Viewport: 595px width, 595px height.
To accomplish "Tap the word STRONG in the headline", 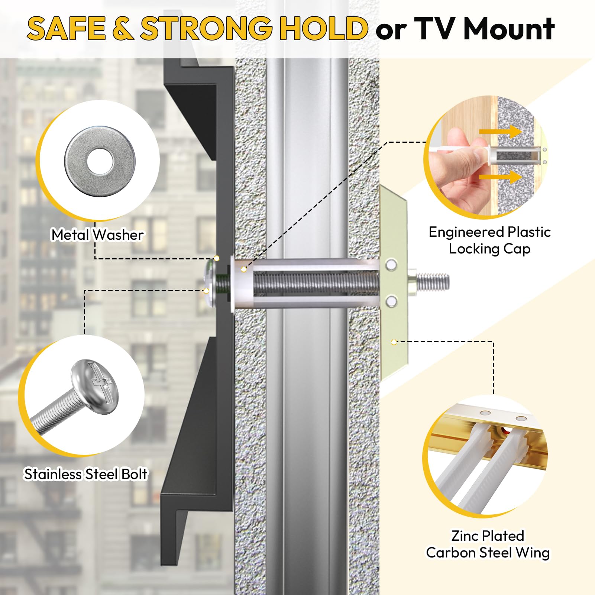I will pyautogui.click(x=206, y=29).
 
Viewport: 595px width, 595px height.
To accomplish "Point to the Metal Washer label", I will pyautogui.click(x=97, y=235).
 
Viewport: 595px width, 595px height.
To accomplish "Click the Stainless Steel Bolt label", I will pyautogui.click(x=86, y=474).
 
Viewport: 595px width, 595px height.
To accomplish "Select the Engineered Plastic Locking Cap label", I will pyautogui.click(x=489, y=240).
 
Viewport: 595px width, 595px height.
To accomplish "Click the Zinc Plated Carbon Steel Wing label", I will pyautogui.click(x=488, y=544).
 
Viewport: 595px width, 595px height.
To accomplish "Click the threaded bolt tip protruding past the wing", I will pyautogui.click(x=433, y=281).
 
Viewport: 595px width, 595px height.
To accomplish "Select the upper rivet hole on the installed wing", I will pyautogui.click(x=391, y=265).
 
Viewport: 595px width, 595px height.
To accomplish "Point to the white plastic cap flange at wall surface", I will pyautogui.click(x=233, y=282).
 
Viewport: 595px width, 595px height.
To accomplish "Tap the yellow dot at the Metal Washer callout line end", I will pyautogui.click(x=217, y=258).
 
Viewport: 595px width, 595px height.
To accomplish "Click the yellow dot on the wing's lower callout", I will pyautogui.click(x=394, y=342).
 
